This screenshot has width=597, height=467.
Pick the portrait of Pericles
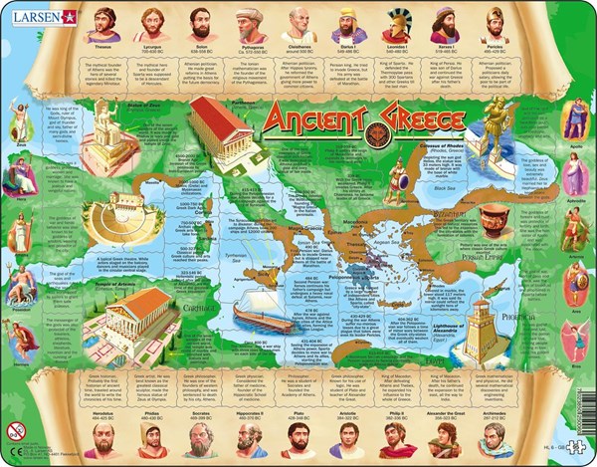point(495,24)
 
